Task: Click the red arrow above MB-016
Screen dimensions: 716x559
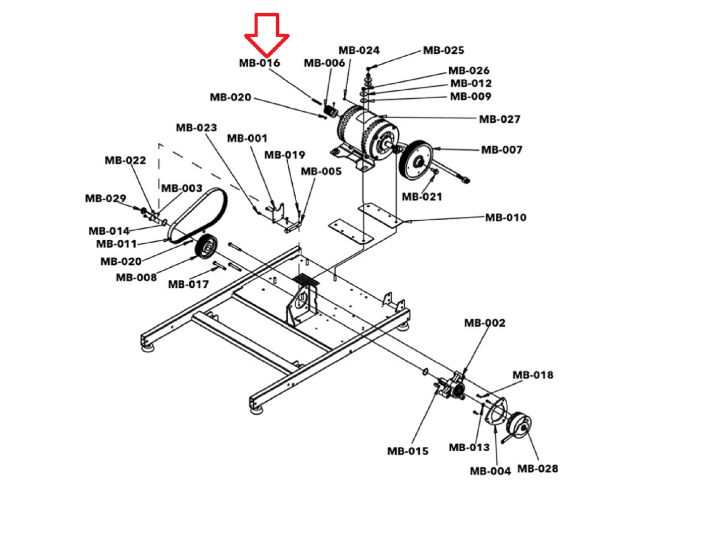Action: click(267, 34)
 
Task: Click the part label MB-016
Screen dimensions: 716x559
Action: click(260, 63)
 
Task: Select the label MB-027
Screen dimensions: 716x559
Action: click(499, 119)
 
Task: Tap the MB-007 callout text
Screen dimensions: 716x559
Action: click(502, 150)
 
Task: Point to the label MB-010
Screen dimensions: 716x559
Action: click(506, 218)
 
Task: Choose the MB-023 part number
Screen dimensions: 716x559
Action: click(196, 128)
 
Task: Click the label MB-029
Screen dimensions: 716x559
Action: click(106, 198)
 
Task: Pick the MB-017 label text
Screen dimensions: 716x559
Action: click(188, 284)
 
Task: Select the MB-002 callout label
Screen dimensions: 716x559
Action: click(485, 323)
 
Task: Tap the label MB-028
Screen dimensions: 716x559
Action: click(538, 469)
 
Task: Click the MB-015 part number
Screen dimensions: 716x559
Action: click(408, 451)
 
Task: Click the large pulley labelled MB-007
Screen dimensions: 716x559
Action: click(416, 160)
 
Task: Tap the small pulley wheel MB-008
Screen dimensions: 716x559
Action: click(206, 247)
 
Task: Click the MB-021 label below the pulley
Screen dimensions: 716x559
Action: click(422, 197)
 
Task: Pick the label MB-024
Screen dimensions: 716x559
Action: click(359, 50)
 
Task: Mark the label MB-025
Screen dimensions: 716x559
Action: click(443, 50)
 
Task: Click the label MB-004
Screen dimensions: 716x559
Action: click(490, 471)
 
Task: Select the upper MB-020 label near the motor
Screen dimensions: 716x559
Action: click(230, 97)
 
